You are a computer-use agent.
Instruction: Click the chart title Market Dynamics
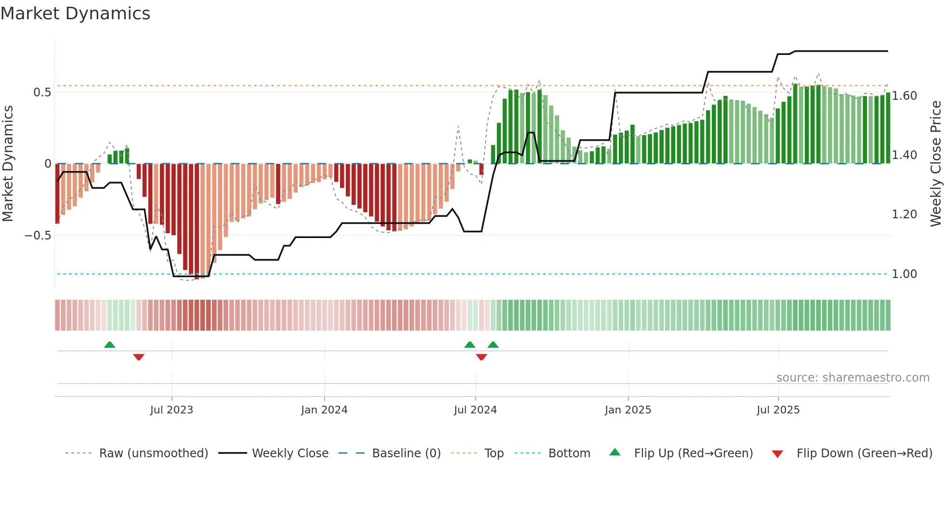(75, 13)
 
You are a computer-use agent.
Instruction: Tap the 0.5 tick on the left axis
(42, 93)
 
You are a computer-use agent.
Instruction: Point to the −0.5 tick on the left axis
(38, 236)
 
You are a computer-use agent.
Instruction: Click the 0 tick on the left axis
(48, 164)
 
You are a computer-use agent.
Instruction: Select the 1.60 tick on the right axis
(904, 96)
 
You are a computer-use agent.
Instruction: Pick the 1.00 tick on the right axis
(904, 274)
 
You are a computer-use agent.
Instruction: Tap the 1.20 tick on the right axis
(904, 214)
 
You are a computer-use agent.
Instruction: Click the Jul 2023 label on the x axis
(171, 410)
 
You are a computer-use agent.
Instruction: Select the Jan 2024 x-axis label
(324, 410)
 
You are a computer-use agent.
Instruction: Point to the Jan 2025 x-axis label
(628, 410)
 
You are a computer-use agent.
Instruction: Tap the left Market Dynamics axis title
(8, 164)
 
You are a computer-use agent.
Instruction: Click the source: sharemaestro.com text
(852, 378)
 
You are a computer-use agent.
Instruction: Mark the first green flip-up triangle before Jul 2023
(110, 345)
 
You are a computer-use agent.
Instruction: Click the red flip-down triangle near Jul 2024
(481, 357)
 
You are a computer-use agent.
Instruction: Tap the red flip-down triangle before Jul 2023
(139, 357)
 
